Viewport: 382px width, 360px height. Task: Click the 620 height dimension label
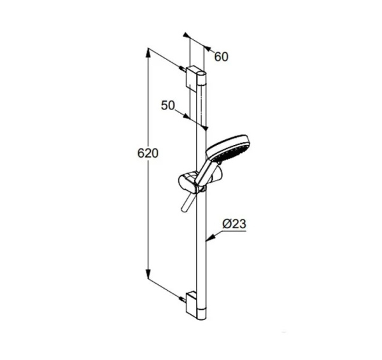pyautogui.click(x=148, y=153)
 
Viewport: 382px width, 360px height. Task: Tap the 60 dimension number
pyautogui.click(x=221, y=57)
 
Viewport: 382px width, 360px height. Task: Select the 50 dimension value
pyautogui.click(x=168, y=106)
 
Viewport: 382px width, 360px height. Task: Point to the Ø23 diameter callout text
pyautogui.click(x=234, y=224)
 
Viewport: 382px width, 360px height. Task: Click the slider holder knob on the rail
pyautogui.click(x=187, y=182)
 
